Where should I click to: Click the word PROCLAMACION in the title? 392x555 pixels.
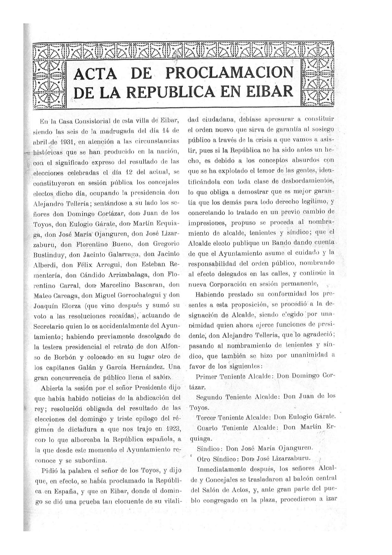click(x=229, y=73)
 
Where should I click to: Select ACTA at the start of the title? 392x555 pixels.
click(x=95, y=74)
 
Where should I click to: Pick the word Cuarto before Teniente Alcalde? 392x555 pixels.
click(x=207, y=428)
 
